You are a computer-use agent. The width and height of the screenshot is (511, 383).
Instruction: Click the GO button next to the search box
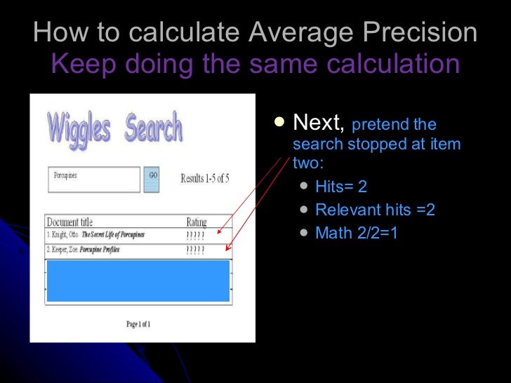(152, 179)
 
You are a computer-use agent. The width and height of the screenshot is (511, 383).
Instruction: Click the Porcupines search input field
(93, 179)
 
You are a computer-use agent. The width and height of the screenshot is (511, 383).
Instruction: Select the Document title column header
(69, 222)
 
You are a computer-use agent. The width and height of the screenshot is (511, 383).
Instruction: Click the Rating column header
(197, 222)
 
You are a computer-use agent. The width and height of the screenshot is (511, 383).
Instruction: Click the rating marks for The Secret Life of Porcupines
(196, 235)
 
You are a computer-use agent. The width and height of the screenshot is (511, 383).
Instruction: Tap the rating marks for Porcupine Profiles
(196, 250)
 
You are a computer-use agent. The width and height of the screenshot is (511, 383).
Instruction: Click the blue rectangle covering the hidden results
(138, 280)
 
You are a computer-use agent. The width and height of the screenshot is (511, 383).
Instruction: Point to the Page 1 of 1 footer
(138, 324)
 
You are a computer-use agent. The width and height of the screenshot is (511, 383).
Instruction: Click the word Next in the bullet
(317, 123)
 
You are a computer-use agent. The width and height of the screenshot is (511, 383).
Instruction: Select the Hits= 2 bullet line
(341, 187)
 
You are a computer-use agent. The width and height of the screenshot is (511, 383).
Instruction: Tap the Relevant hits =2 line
(375, 210)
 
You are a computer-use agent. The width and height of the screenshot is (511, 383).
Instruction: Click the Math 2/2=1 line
(357, 232)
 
